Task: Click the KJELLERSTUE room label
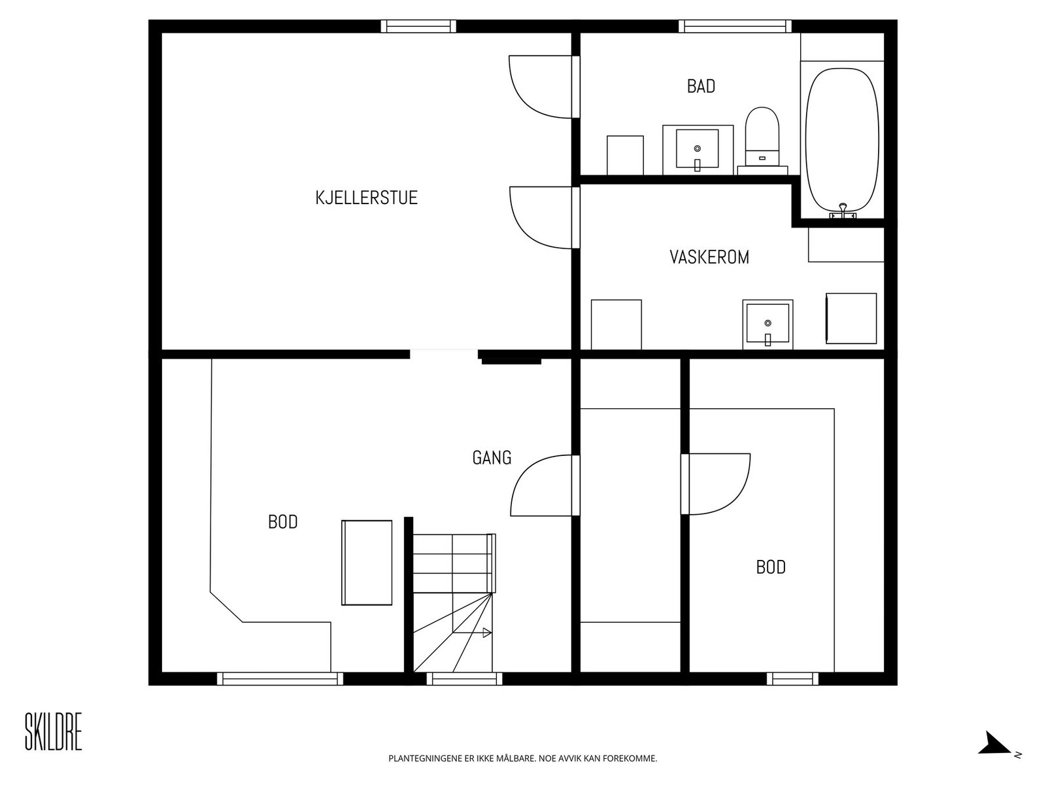click(x=366, y=198)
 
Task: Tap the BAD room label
click(x=701, y=86)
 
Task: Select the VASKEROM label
click(x=709, y=257)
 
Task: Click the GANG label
click(x=492, y=458)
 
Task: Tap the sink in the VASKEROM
click(x=768, y=324)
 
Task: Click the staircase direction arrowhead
click(x=486, y=633)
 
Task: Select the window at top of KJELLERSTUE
click(x=418, y=26)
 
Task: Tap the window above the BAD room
click(x=735, y=26)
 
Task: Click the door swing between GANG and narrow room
click(x=543, y=485)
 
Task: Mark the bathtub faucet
click(x=843, y=210)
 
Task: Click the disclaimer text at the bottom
click(x=522, y=759)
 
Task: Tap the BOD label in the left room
click(x=283, y=522)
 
